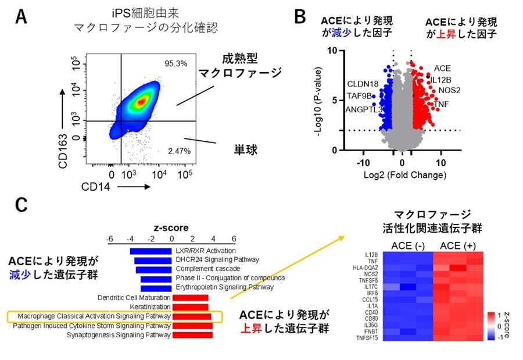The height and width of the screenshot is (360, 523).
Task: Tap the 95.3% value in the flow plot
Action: coord(175,63)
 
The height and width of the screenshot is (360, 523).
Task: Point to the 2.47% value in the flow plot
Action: coord(174,151)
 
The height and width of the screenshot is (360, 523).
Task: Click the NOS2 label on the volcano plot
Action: coord(449,90)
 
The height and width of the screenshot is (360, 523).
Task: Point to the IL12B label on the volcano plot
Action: coord(440,79)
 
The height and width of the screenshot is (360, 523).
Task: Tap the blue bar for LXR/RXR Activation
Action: coord(151,251)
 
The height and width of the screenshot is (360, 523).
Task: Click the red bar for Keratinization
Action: coord(189,306)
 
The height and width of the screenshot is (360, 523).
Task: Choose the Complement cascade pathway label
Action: coord(207,269)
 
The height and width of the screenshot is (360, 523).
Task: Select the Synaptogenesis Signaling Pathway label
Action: coord(119,335)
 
